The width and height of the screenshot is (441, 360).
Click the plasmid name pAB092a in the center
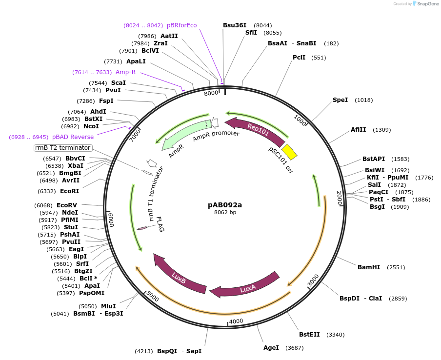[225, 205]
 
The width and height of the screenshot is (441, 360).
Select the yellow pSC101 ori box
[289, 152]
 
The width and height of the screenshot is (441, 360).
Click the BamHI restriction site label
[368, 267]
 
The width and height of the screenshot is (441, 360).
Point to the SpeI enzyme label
[340, 100]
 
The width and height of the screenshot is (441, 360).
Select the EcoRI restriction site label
[69, 191]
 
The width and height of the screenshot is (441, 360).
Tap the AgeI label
[271, 347]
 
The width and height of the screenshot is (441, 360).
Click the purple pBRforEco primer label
[182, 25]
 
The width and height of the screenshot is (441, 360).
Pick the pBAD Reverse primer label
[73, 137]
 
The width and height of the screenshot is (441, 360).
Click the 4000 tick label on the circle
[236, 321]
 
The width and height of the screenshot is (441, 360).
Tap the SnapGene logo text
[428, 4]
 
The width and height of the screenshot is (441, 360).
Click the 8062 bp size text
[225, 212]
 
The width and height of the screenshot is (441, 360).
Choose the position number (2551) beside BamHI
[396, 267]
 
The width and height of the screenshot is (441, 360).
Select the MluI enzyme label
[108, 306]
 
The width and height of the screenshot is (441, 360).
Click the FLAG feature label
[159, 224]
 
